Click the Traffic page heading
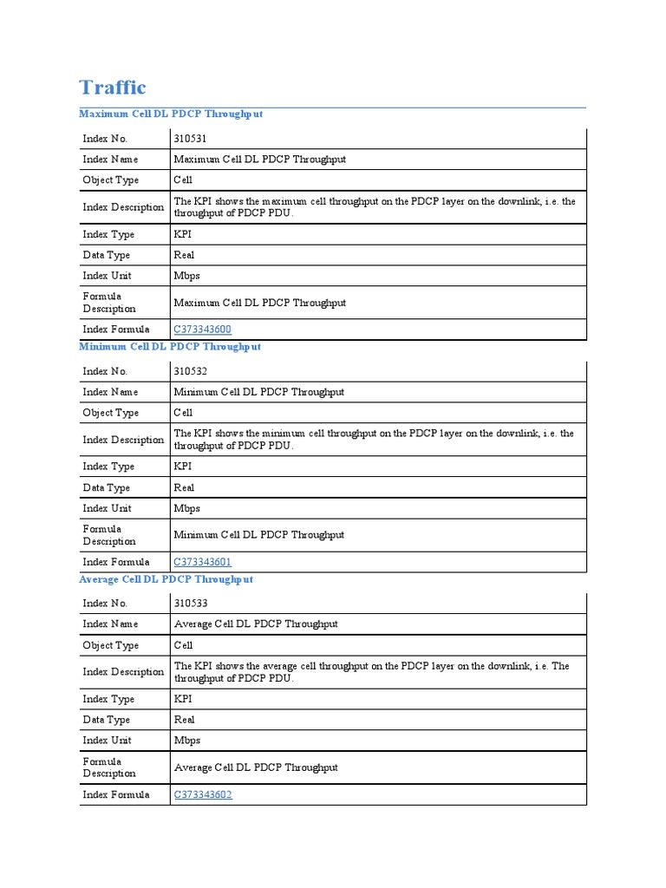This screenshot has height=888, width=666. (x=113, y=88)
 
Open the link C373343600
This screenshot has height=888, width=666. (x=203, y=330)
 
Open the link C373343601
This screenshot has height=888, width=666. (x=203, y=562)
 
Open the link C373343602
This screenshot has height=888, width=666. (x=203, y=794)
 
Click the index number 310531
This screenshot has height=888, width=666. (x=191, y=139)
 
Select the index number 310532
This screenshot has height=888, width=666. (x=191, y=371)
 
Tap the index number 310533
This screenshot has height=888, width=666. (x=191, y=604)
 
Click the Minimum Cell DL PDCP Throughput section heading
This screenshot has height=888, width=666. (x=170, y=347)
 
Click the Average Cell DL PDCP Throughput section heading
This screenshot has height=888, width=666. (x=166, y=579)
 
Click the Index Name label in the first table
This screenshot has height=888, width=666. (x=110, y=160)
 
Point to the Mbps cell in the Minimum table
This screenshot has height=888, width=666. (x=186, y=508)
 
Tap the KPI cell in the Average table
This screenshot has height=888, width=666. (x=183, y=699)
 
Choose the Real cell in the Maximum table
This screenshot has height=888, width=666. (x=184, y=255)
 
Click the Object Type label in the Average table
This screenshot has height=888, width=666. (x=111, y=645)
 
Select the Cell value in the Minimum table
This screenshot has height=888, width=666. (x=183, y=413)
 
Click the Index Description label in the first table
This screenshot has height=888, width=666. (x=123, y=207)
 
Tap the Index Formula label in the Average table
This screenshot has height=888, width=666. (x=116, y=794)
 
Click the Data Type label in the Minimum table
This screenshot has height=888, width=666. (x=107, y=487)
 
